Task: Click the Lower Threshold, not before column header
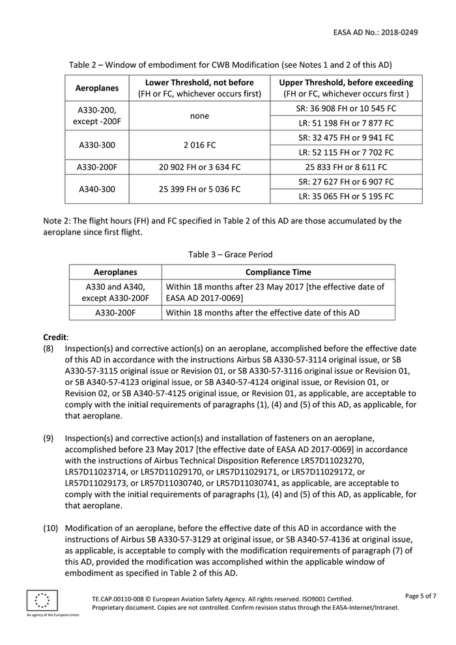pos(199,88)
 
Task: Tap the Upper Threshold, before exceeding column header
pos(346,88)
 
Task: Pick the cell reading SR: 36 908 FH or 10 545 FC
pos(346,108)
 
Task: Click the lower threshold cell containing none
pos(199,115)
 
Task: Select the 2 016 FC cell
pos(199,145)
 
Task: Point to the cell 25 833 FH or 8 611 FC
pos(346,167)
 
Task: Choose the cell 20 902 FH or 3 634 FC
pos(199,167)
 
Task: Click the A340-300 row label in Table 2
pos(97,190)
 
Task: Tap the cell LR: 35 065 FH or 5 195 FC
pos(346,197)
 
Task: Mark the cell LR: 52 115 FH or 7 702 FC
pos(346,152)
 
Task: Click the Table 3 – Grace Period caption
pos(231,255)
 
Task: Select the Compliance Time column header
pos(278,272)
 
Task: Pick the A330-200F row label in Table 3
pos(115,313)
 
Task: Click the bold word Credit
pos(55,337)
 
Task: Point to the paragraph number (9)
pos(49,438)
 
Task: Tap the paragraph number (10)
pos(51,528)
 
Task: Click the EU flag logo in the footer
pos(42,600)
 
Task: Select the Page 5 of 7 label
pos(420,596)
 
